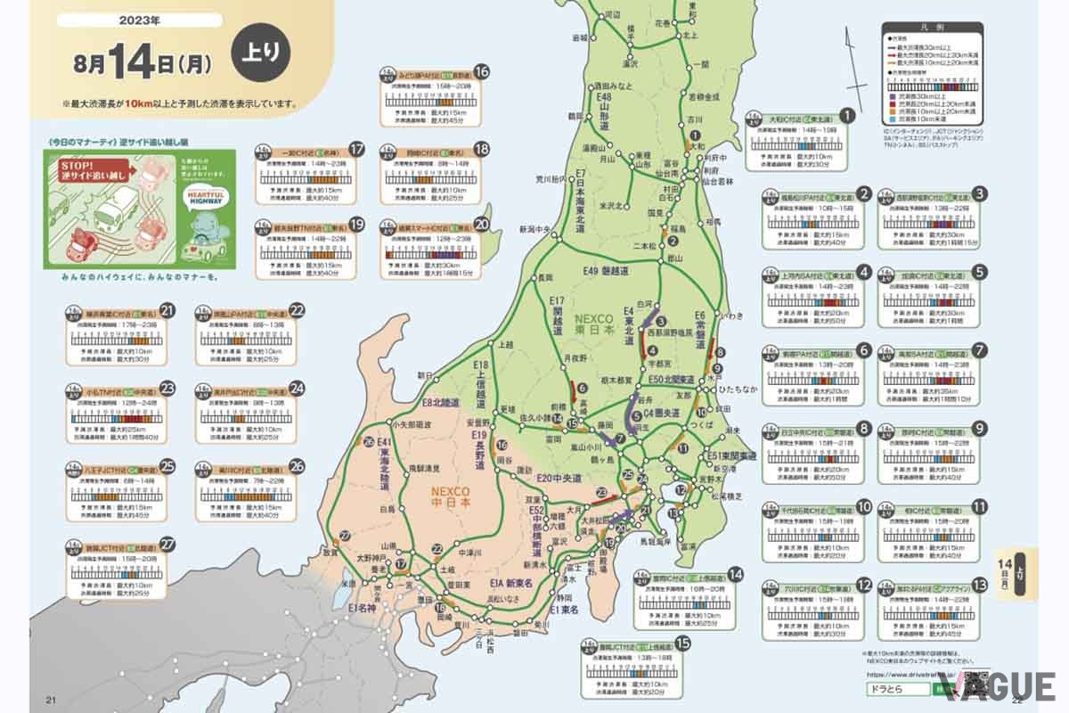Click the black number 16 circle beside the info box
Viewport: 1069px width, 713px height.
coord(481,72)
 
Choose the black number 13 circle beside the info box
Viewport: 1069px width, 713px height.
coord(980,586)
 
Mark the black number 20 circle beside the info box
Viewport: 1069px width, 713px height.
coord(482,225)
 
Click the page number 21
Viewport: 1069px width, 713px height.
coord(38,696)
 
